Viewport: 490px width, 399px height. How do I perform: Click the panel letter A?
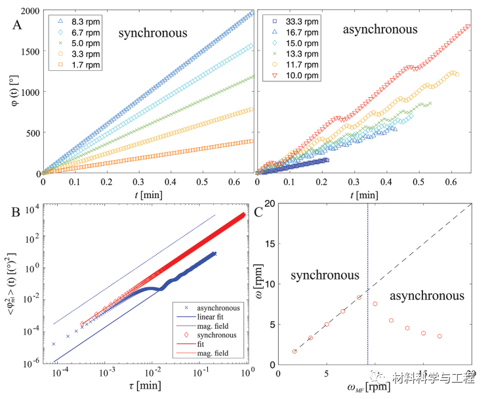click(17, 25)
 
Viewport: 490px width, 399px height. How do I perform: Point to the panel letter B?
click(16, 213)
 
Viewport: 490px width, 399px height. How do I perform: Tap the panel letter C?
click(258, 213)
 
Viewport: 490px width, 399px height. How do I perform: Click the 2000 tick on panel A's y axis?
click(30, 11)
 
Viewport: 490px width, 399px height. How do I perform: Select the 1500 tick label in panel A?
click(30, 52)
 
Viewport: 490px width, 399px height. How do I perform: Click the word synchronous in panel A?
click(153, 33)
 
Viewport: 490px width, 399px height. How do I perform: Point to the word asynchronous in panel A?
click(380, 30)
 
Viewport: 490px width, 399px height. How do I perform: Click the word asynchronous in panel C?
click(427, 296)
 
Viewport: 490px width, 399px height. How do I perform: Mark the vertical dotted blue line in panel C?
click(368, 284)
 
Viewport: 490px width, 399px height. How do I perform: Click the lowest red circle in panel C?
click(295, 352)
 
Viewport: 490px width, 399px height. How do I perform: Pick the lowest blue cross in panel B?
click(53, 344)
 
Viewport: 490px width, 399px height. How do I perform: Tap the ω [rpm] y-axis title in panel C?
click(259, 282)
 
